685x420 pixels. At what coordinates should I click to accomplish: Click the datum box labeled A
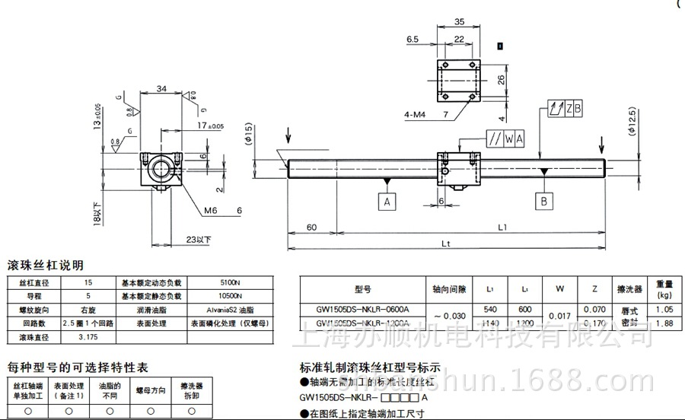(387, 202)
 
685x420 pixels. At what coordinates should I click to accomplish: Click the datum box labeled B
(543, 201)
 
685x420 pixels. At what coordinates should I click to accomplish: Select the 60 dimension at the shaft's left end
(311, 227)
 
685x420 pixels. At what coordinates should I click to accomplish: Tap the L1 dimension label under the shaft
(502, 227)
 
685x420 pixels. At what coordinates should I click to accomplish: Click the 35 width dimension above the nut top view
(457, 23)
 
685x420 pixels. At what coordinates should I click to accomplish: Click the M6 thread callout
(210, 210)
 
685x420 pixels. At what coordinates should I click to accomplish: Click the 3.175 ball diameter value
(88, 336)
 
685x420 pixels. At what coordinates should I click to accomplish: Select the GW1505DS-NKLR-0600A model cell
(362, 310)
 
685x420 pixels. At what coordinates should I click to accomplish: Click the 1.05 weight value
(664, 310)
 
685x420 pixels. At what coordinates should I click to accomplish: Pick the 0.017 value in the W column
(560, 317)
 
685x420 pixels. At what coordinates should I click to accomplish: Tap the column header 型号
(362, 289)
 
